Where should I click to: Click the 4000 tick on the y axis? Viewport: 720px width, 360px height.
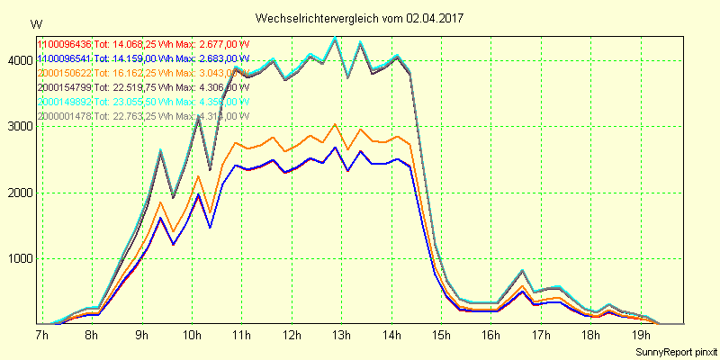coord(17,60)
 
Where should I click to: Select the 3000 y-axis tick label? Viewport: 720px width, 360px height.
coord(17,127)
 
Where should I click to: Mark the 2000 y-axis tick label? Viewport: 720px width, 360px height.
coord(17,193)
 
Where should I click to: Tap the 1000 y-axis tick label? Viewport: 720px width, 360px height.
coord(17,259)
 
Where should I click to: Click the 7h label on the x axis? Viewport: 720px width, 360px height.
coord(41,335)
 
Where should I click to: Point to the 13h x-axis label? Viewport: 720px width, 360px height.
coord(341,335)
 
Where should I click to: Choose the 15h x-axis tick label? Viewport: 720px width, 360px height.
coord(441,335)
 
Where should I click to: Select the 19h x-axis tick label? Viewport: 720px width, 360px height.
coord(642,335)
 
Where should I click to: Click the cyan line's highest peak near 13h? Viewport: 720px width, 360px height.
coord(335,37)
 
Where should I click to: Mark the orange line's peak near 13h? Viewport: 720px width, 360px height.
coord(335,124)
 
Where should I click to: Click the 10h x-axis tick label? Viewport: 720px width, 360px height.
coord(192,335)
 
